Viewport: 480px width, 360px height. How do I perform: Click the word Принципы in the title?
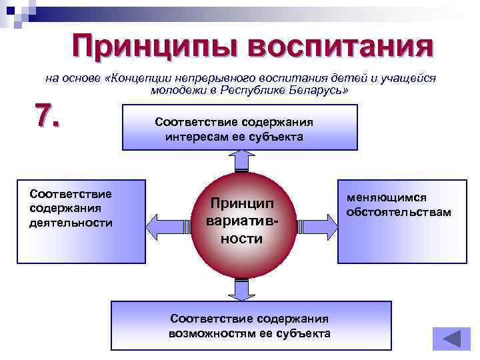154,47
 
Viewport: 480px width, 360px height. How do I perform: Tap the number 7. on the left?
47,115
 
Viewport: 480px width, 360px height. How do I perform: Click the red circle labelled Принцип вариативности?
241,221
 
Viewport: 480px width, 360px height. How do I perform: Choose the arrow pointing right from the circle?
316,223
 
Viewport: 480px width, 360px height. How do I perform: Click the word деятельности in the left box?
71,223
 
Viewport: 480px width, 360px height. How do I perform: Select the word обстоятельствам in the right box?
399,212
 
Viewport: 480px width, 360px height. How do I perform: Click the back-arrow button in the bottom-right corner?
451,338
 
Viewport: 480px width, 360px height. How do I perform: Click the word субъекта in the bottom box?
305,333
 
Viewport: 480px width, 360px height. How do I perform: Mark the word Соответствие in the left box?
71,194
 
